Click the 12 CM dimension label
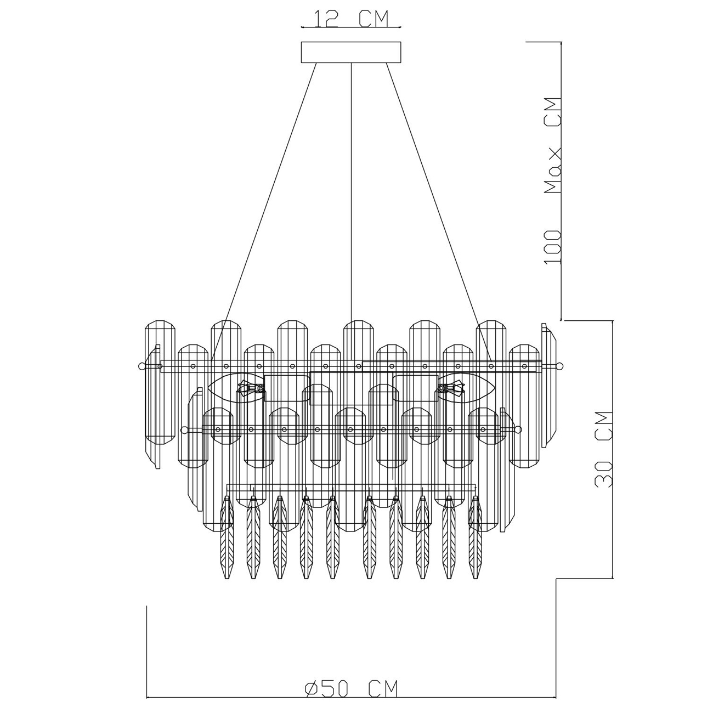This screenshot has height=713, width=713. point(351,19)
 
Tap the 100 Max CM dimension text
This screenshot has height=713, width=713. point(553,182)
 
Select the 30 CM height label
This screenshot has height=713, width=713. point(604,450)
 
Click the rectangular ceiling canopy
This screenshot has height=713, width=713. point(351,52)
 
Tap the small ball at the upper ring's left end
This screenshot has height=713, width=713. point(141,366)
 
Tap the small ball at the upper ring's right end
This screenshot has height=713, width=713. point(560,366)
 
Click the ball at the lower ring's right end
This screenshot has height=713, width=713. point(518,429)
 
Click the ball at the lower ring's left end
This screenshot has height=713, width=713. point(184,429)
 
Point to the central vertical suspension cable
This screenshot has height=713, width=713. point(351,193)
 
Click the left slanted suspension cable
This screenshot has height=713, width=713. point(264,212)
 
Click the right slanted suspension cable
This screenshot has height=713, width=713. point(439,212)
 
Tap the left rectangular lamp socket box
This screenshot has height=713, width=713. point(287,388)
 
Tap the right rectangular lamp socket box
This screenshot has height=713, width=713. point(416,388)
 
